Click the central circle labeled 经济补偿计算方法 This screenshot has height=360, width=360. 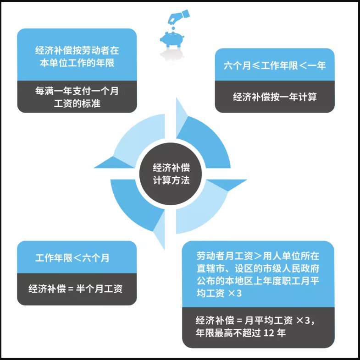click(171, 174)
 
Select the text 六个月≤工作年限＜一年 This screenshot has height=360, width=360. click(274, 65)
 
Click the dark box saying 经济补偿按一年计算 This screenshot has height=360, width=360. click(274, 97)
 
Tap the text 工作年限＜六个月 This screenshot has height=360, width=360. click(72, 258)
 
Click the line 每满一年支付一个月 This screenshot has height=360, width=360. click(77, 91)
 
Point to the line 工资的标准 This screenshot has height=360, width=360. click(77, 104)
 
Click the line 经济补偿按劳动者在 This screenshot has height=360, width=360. click(77, 51)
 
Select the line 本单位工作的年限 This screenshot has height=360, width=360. click(77, 63)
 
